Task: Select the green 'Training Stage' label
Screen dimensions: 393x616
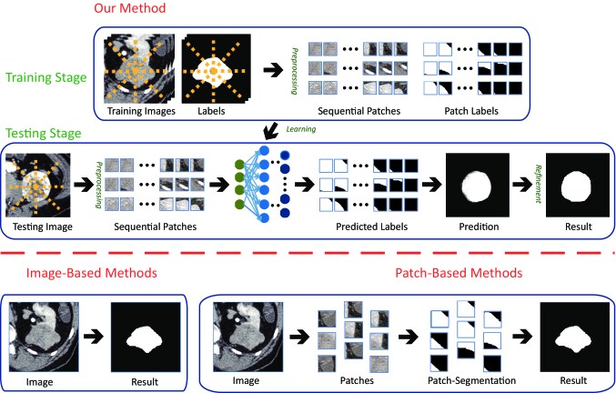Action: (x=45, y=78)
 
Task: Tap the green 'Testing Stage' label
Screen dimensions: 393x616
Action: (x=42, y=133)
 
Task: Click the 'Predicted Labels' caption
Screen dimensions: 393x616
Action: (x=365, y=226)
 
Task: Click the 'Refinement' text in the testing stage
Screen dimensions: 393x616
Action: (x=527, y=183)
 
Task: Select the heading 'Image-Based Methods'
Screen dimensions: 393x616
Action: (x=91, y=272)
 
